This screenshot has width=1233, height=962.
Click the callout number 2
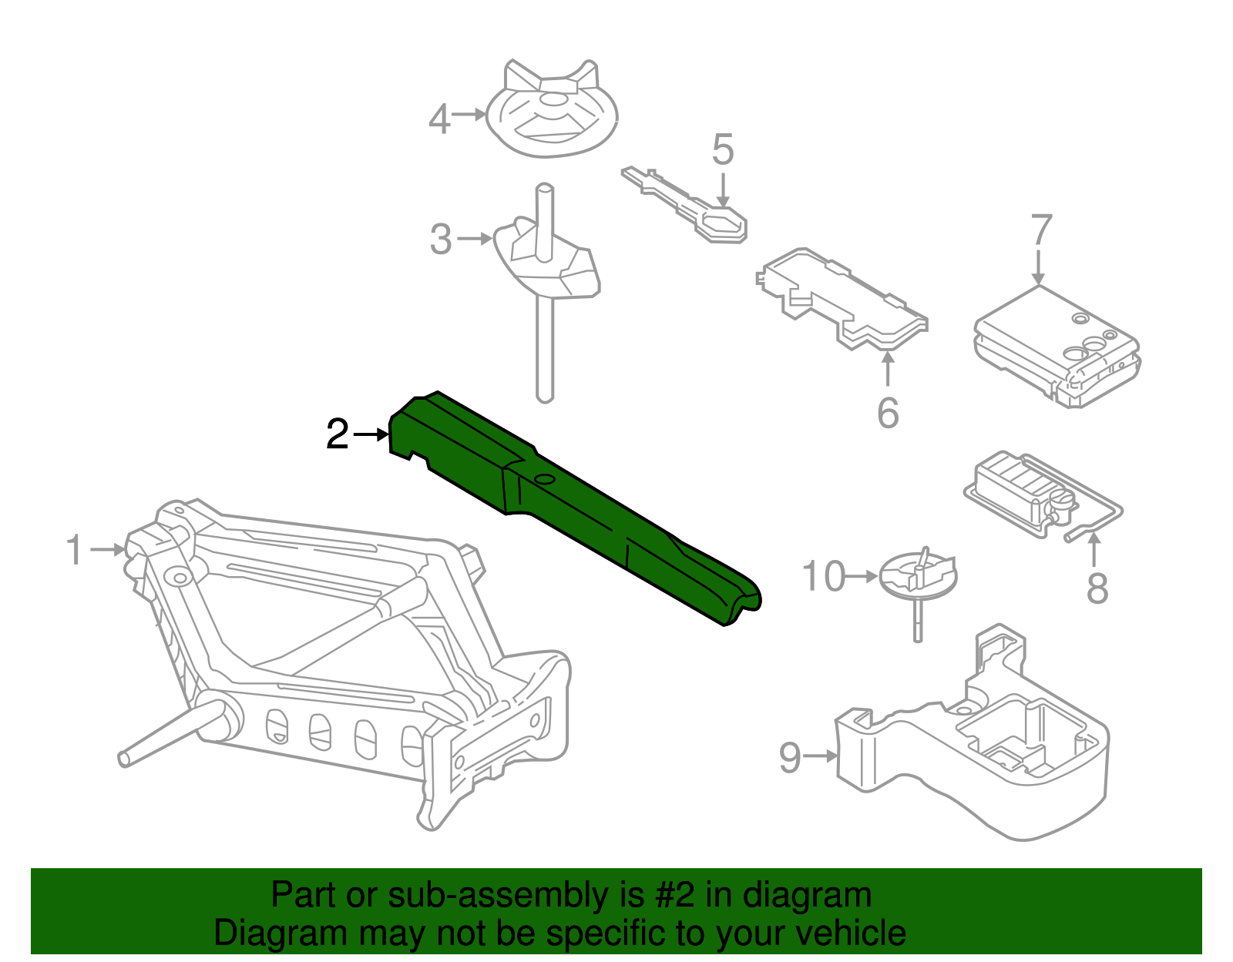pos(338,434)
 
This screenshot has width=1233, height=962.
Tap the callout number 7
pos(1040,230)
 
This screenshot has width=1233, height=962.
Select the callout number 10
pos(824,576)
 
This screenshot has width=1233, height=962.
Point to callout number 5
pos(722,149)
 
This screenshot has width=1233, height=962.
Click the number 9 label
pos(790,757)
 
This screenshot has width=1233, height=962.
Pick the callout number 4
pos(439,119)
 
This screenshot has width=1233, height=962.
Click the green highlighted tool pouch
pos(570,508)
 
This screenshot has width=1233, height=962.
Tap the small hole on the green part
pos(545,479)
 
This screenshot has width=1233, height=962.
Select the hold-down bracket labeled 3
pos(547,262)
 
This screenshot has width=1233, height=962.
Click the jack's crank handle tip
pos(125,758)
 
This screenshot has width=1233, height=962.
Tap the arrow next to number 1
pos(107,549)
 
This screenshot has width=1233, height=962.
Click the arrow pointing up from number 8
pos(1094,548)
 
